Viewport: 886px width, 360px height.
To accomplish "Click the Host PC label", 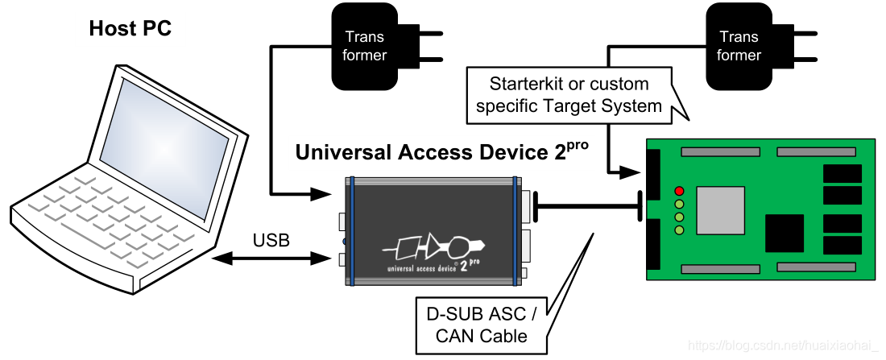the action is click(x=130, y=27).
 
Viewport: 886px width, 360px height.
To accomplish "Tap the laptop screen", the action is click(x=164, y=149).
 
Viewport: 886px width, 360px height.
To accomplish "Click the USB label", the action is click(x=271, y=240).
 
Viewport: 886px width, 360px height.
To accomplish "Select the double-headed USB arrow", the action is click(x=271, y=259).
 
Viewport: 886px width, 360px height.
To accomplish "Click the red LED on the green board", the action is click(x=679, y=191).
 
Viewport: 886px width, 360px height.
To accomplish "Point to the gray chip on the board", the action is click(x=720, y=210).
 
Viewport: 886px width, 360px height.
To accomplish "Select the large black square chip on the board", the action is click(x=785, y=233).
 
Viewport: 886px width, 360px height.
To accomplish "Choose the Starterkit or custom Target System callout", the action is click(x=569, y=94).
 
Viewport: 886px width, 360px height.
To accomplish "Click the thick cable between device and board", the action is click(x=587, y=205).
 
